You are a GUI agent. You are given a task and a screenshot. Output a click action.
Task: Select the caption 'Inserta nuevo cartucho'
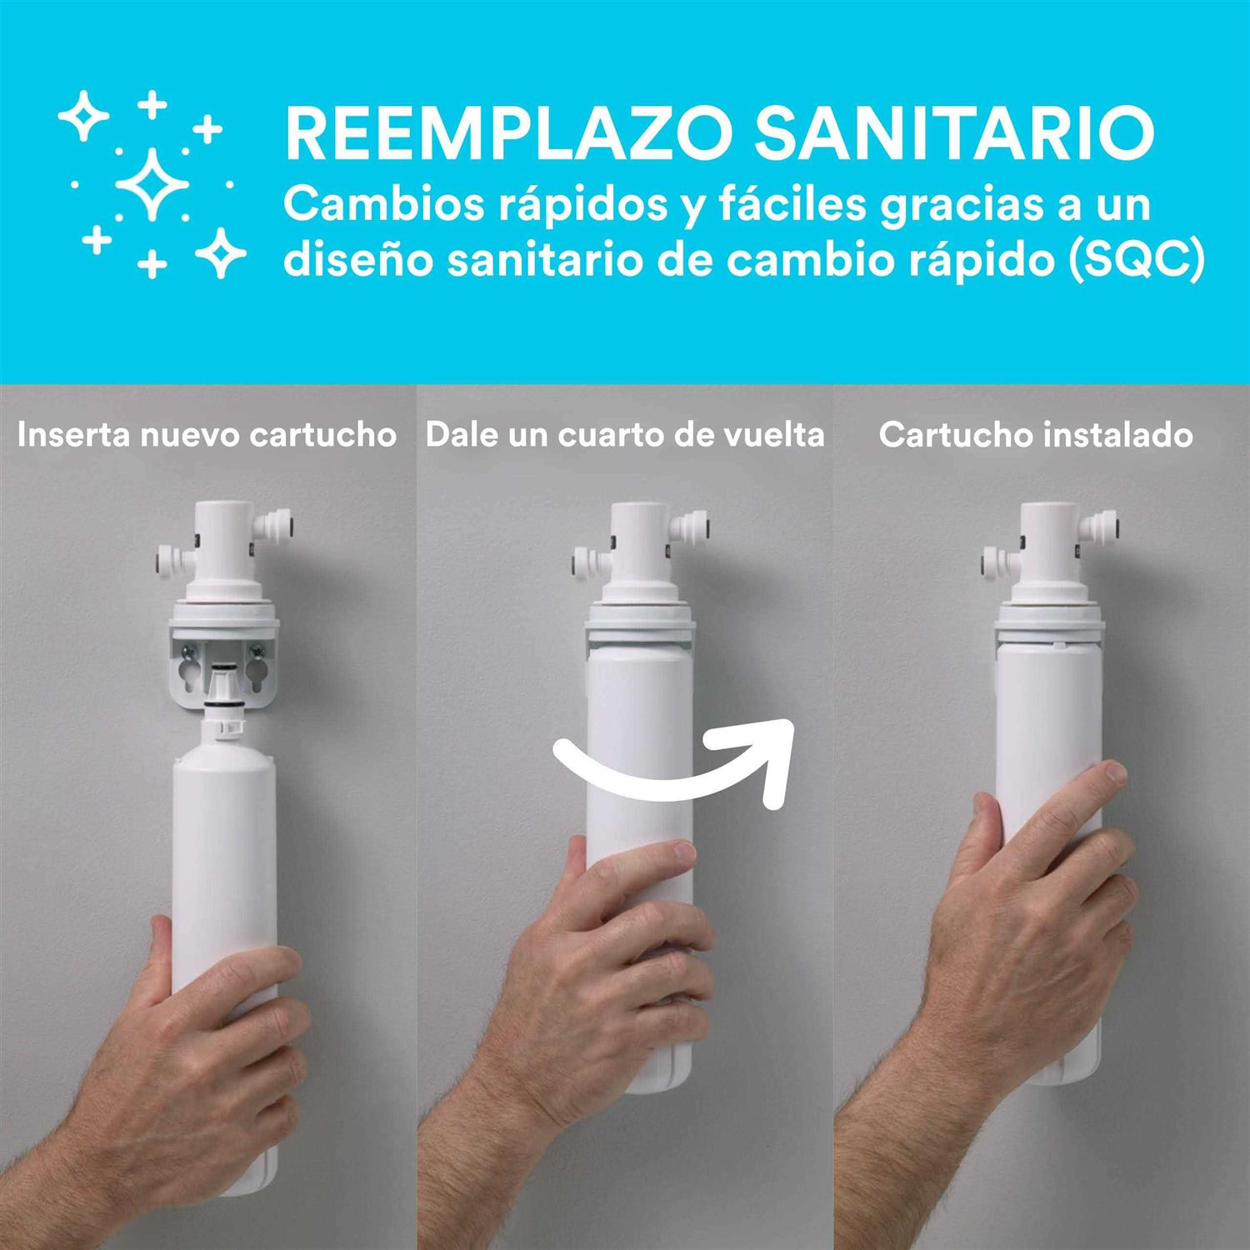click(x=207, y=435)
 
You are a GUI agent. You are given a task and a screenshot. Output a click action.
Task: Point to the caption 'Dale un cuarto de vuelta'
click(x=625, y=435)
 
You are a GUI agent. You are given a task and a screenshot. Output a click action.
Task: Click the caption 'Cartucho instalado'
click(x=1036, y=435)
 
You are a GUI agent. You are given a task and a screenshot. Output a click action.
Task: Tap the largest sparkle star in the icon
click(x=152, y=184)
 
